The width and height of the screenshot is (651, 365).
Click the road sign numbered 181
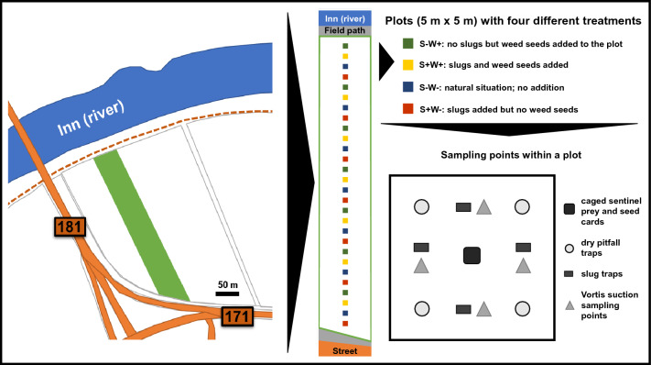coord(70,227)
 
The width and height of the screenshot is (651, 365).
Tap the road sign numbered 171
coord(236,316)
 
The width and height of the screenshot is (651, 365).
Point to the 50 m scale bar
coord(227,293)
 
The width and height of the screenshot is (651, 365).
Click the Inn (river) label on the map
coord(91,118)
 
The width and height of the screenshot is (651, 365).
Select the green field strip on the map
coord(142,226)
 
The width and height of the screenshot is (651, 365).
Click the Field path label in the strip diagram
coord(344,30)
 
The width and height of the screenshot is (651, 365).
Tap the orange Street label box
coord(344,349)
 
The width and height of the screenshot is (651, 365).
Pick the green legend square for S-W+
coord(407,44)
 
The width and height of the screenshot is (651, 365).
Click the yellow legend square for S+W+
coord(407,65)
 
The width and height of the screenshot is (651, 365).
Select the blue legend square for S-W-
coord(407,87)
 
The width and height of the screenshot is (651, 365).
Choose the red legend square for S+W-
coord(407,109)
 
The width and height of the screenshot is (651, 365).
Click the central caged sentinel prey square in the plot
coord(472,255)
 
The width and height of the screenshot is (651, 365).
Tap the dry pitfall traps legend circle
coord(570,249)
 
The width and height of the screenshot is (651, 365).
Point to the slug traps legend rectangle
coord(569,274)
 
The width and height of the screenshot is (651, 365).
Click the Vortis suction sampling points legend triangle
coord(570,305)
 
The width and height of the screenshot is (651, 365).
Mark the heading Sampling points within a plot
coord(511,155)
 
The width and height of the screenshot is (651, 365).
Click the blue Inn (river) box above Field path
coord(344,18)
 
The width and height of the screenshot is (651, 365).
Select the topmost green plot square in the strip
coord(345,46)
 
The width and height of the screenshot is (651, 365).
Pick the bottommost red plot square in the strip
coord(345,324)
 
